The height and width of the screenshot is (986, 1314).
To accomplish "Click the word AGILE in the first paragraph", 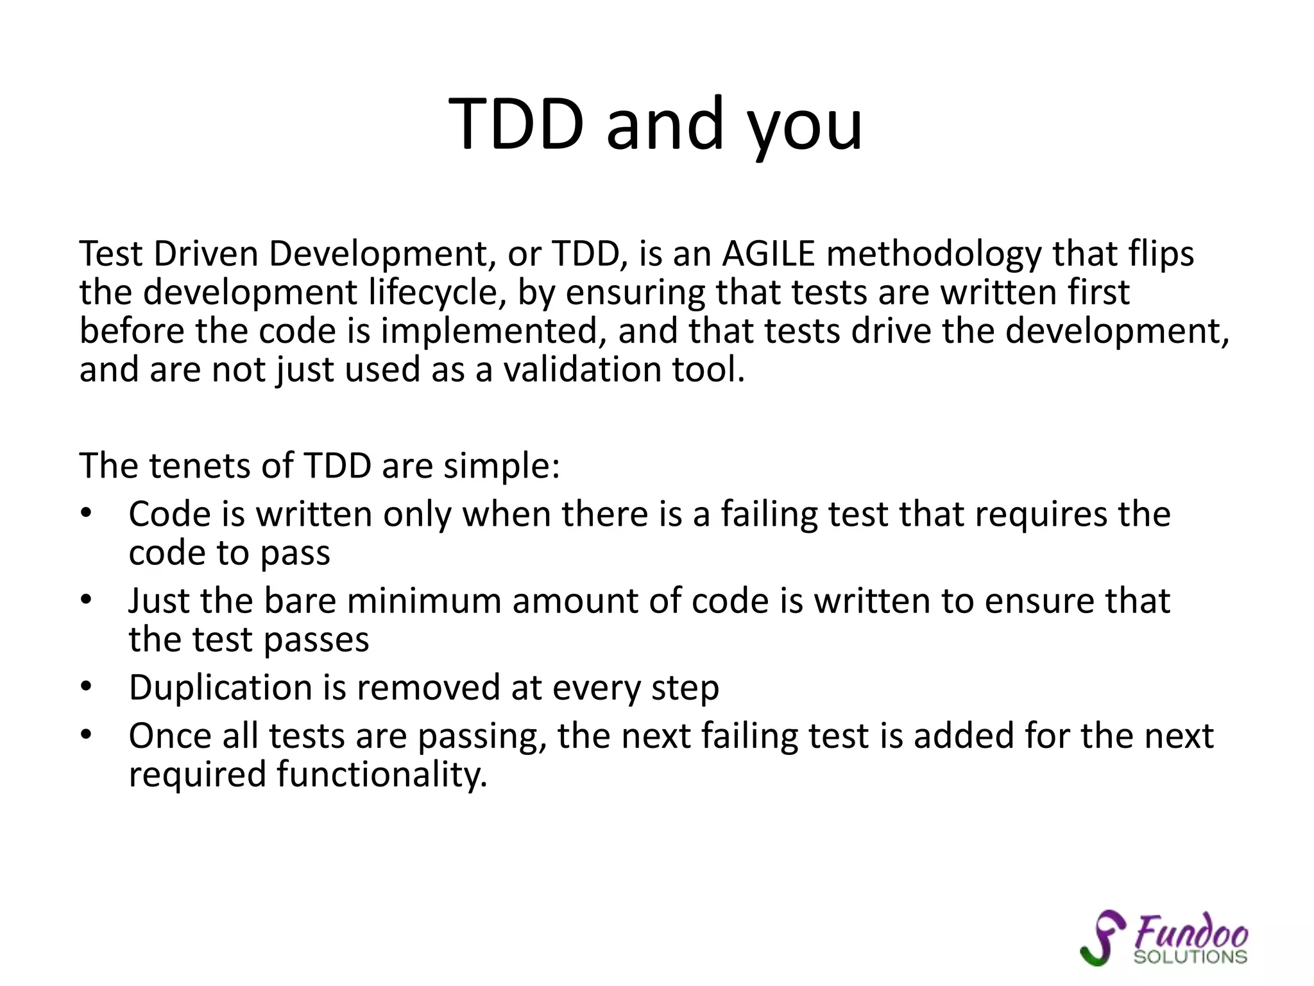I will point(768,254).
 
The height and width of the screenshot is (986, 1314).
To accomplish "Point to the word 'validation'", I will point(582,370).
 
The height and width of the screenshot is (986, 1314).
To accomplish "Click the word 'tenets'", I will point(200,465).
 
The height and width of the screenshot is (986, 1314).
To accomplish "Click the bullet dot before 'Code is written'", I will point(87,514).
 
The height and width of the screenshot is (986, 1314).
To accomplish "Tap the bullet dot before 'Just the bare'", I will point(87,600).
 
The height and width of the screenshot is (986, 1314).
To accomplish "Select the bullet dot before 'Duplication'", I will point(87,687).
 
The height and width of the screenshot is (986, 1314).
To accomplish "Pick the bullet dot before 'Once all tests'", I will point(87,736).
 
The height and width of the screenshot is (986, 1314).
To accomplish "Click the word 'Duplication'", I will point(220,688).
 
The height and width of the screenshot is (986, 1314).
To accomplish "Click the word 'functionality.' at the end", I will point(382,774).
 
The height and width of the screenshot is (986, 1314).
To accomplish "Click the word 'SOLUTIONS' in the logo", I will point(1190,957).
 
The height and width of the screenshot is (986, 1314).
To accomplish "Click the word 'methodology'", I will point(934,254).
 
